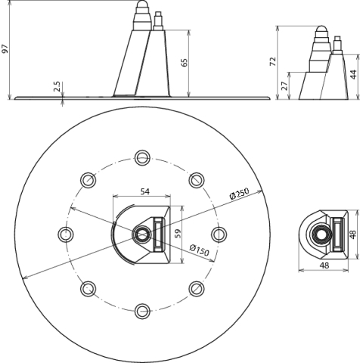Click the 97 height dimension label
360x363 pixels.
[x=5, y=48]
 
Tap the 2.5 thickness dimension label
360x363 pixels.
[x=57, y=86]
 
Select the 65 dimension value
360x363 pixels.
[x=185, y=63]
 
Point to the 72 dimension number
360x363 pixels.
[x=273, y=62]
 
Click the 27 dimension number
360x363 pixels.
[x=284, y=86]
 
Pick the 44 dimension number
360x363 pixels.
[x=353, y=75]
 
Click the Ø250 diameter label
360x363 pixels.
[x=239, y=194]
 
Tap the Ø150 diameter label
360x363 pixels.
[x=199, y=250]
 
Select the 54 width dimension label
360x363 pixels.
[x=144, y=191]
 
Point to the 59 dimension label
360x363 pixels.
[x=178, y=234]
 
